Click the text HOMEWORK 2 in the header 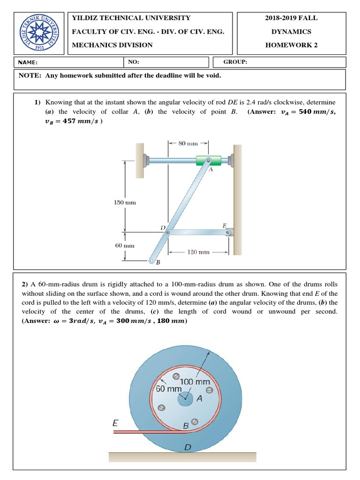[x=291, y=45]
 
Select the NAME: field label [x=28, y=62]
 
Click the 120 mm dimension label [x=198, y=252]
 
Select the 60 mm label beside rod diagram [x=125, y=245]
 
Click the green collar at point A [x=208, y=161]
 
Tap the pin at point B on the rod [x=151, y=261]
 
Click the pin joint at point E [x=228, y=232]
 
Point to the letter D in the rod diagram [x=163, y=228]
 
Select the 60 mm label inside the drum [x=169, y=389]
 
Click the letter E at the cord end [x=115, y=422]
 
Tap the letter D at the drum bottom [x=187, y=447]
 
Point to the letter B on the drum [x=186, y=426]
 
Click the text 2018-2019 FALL [x=291, y=18]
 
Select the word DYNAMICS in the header [x=291, y=31]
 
